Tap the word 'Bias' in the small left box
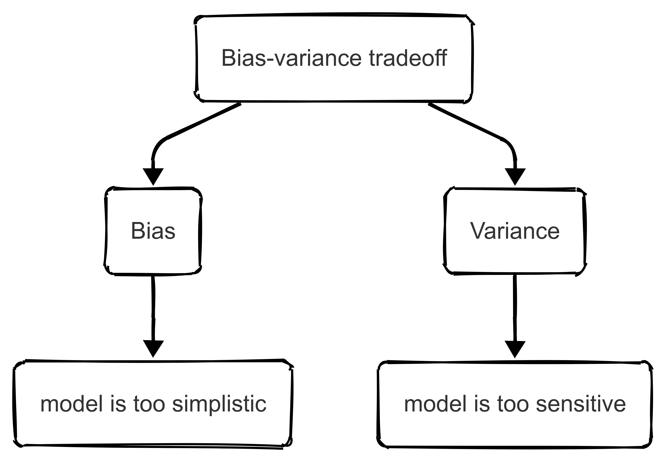click(x=153, y=231)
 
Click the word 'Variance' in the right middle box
click(x=515, y=231)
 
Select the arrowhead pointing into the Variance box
click(x=515, y=176)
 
